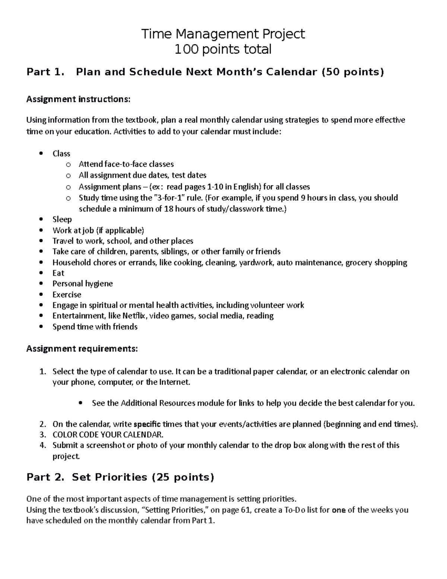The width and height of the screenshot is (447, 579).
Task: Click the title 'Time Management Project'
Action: (x=223, y=34)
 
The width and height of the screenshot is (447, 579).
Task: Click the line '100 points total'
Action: (x=223, y=49)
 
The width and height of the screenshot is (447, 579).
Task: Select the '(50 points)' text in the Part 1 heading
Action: (x=352, y=72)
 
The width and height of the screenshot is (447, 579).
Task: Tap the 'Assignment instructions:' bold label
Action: (x=78, y=99)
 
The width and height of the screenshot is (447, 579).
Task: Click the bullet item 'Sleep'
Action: (x=62, y=219)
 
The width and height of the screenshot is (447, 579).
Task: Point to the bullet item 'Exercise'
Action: (x=67, y=295)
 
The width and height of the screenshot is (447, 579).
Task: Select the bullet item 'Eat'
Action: (x=58, y=273)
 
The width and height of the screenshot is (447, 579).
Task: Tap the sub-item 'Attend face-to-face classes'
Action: (x=126, y=164)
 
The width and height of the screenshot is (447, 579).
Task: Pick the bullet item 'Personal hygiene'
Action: (x=82, y=284)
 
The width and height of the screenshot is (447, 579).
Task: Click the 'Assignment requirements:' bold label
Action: (x=82, y=349)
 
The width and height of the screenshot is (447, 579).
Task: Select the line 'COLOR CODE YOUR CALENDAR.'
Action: (x=108, y=435)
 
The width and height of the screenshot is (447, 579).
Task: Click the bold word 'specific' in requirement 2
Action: (x=147, y=424)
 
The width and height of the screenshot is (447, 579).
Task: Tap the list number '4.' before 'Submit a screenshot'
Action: (x=43, y=445)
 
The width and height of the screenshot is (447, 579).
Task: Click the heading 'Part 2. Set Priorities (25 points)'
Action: (x=120, y=477)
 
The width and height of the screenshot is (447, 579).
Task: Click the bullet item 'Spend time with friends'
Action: (x=95, y=327)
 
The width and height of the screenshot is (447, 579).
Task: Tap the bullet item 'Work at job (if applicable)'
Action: (x=98, y=230)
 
